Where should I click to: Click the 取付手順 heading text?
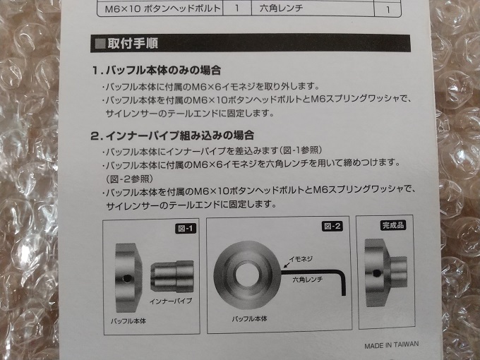133,44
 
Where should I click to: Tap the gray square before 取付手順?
100,44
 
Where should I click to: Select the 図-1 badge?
186,229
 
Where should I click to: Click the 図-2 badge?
332,226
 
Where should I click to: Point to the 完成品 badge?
393,225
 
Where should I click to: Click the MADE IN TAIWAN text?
391,345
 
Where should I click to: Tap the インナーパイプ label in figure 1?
171,301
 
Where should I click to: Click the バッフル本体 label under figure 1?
128,321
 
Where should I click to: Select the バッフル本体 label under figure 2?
249,319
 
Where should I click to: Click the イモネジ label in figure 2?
301,259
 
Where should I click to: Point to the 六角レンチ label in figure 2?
307,280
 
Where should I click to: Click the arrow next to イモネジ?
286,264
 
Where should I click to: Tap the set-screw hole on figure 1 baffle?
127,279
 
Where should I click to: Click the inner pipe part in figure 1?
172,277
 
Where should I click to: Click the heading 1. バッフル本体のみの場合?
157,71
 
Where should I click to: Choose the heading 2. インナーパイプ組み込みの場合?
172,136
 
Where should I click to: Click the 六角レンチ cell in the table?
281,8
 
